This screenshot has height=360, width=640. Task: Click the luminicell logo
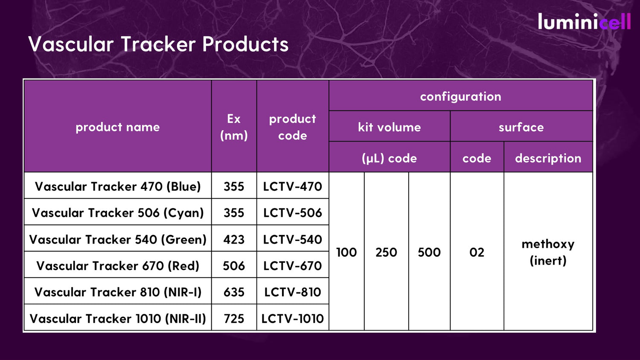point(584,22)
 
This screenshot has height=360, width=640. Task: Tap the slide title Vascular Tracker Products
point(158,44)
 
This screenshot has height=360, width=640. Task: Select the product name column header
point(117,127)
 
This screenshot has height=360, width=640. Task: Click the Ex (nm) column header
point(234,127)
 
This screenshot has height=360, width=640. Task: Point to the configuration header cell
point(460,96)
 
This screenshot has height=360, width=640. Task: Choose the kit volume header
point(389,127)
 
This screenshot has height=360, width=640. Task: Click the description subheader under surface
point(548,158)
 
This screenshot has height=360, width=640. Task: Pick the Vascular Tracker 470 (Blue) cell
point(117,186)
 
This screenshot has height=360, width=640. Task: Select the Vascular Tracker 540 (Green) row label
point(117,239)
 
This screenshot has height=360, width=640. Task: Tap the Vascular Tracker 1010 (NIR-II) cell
point(117,319)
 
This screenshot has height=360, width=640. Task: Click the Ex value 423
point(234,239)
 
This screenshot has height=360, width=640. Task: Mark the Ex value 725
point(234,319)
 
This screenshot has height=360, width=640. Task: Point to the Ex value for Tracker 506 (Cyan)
point(234,213)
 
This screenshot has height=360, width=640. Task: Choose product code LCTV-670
point(292,266)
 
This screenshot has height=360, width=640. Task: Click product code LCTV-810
point(292,292)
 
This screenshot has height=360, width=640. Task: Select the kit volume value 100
point(346,252)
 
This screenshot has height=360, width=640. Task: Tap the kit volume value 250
point(386,252)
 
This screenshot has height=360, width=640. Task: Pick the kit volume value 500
point(429,252)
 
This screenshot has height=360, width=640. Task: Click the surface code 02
point(477,252)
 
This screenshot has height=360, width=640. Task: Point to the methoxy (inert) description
point(548,252)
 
